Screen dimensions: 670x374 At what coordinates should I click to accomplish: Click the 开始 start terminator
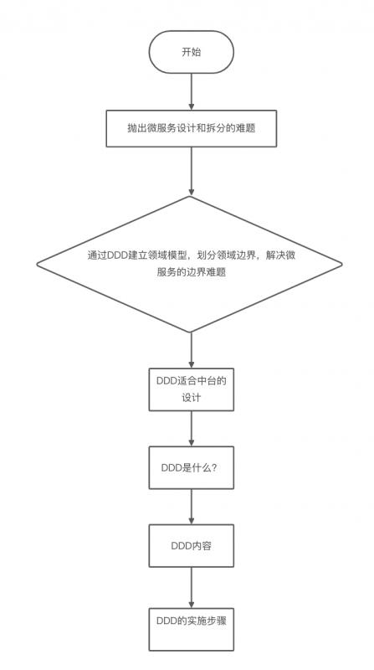click(x=192, y=52)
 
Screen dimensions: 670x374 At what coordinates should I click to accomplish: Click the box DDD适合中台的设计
click(x=192, y=389)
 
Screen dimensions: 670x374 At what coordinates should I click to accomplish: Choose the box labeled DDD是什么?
click(x=192, y=467)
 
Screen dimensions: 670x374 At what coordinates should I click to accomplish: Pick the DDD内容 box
click(x=192, y=546)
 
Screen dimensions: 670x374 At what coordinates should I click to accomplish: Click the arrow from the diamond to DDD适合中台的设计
click(x=192, y=349)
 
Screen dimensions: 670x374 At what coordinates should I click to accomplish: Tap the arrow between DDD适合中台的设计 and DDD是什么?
click(x=192, y=428)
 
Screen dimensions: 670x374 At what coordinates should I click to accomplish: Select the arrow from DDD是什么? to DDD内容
click(x=192, y=507)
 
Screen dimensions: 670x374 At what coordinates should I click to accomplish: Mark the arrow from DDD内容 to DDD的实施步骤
click(x=192, y=585)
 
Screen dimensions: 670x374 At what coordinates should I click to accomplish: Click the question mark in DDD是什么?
click(x=215, y=467)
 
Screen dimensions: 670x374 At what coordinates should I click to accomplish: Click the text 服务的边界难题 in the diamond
click(x=192, y=273)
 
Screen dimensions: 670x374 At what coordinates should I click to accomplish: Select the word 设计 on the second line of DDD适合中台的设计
click(x=192, y=399)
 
